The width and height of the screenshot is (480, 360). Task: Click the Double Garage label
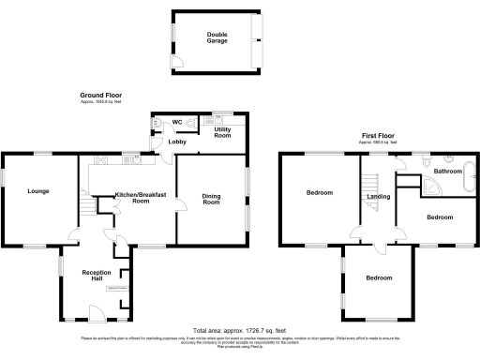point(217,37)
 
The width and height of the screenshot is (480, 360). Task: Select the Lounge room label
point(38,191)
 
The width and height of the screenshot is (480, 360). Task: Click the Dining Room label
point(212,199)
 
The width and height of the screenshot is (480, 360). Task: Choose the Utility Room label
point(222,133)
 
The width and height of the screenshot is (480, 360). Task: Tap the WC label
point(176,122)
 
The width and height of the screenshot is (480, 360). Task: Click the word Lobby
point(177,142)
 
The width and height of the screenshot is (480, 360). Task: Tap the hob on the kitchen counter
point(138,158)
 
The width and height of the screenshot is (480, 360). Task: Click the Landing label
point(379,197)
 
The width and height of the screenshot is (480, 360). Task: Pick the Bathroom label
point(447,172)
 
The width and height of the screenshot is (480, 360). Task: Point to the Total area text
point(238,331)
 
